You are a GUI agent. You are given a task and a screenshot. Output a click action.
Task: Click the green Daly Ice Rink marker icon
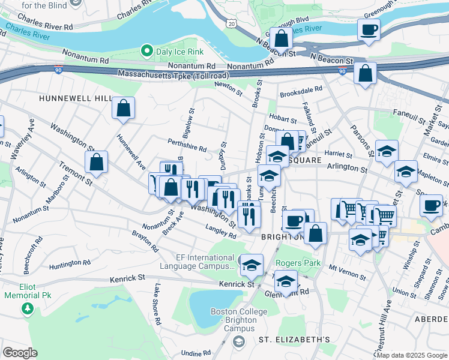pos(146,51)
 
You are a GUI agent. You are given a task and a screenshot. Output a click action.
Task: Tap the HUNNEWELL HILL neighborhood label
pos(75,98)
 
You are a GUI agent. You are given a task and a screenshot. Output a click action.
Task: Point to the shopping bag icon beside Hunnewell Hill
pos(123,108)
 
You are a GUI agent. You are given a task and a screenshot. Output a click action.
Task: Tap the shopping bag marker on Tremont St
pos(96,161)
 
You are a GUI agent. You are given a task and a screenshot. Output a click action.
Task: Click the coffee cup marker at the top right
pos(369,29)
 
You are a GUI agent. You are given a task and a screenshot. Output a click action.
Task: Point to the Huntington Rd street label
pos(70,263)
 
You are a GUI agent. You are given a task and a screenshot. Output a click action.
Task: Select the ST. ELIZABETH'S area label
pos(294,340)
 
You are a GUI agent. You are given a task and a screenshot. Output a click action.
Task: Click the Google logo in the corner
pos(20,353)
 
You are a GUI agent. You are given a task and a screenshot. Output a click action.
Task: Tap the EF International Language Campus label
pos(197,262)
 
